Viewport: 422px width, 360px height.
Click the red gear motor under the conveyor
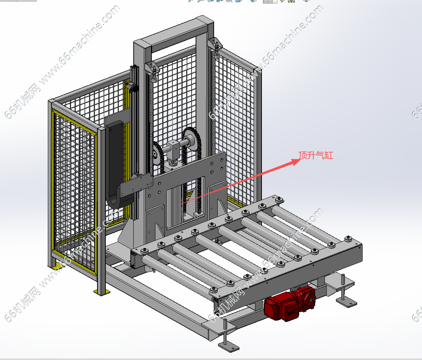point(289,304)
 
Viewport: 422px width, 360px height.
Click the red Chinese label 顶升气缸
point(316,155)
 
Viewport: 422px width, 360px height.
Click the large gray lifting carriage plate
point(186,188)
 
